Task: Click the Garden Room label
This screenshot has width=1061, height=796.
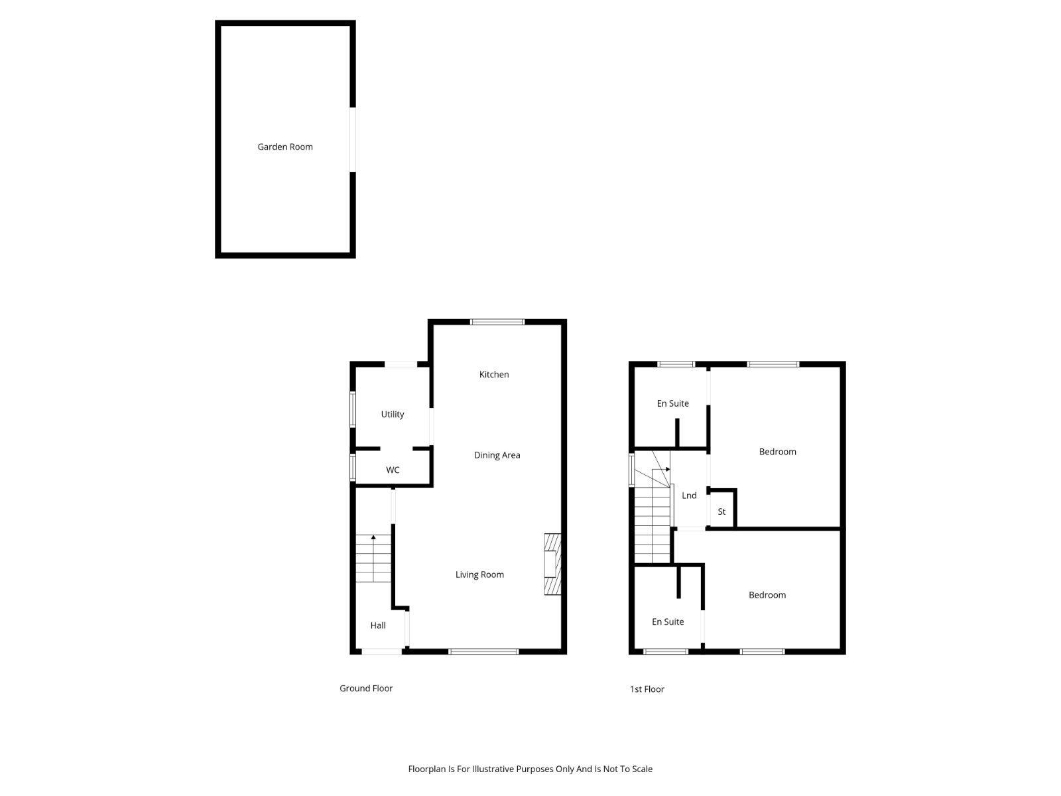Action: coord(284,147)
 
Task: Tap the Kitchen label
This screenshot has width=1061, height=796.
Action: coord(493,375)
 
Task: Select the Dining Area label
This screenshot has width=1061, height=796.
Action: coord(497,455)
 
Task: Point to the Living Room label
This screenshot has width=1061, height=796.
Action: coord(479,574)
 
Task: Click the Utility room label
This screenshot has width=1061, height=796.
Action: coord(392,415)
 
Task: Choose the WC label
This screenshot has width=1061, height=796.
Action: coord(393,470)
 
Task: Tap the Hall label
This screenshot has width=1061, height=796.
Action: coord(378,626)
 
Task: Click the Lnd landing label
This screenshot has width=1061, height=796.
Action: coord(689,496)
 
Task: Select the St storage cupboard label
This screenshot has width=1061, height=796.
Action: coord(721,512)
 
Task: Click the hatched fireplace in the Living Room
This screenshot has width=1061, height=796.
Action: coord(552,564)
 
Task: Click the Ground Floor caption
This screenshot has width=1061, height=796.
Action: coord(366,689)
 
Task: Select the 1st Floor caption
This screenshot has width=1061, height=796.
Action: coord(647,689)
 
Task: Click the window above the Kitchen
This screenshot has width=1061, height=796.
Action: coord(497,322)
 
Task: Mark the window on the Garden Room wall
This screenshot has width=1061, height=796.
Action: coord(353,139)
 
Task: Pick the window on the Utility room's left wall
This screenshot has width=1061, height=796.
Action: coord(353,409)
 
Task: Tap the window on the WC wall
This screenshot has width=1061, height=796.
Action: coord(353,467)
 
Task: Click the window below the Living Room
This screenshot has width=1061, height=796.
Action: coord(483,651)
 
